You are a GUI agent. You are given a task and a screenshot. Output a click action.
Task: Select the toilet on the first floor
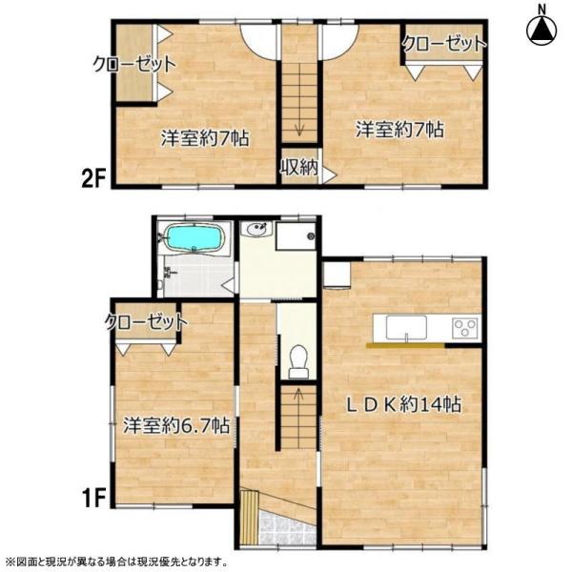tap(298, 361)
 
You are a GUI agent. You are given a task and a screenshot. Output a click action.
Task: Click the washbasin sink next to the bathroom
tap(256, 230)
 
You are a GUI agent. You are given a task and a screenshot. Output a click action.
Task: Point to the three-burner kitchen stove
tap(465, 327)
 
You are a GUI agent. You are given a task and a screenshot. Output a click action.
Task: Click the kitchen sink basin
tap(406, 328)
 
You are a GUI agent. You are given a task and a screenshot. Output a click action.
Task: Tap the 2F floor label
tap(93, 179)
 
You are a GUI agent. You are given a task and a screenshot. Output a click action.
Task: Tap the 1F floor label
tap(93, 499)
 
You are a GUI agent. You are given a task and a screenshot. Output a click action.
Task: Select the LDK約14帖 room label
tap(403, 404)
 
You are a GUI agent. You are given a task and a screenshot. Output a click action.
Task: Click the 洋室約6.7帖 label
tap(176, 425)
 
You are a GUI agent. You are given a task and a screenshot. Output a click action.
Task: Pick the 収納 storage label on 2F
tap(299, 168)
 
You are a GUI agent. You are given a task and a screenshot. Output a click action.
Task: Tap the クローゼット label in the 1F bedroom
tap(146, 322)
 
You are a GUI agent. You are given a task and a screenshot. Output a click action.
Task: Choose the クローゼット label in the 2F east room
tap(444, 44)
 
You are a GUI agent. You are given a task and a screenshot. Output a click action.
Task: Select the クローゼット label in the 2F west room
tap(134, 65)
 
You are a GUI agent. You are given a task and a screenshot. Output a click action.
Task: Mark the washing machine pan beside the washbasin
tap(296, 235)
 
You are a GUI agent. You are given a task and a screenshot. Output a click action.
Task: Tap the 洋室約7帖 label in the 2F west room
tap(205, 138)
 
